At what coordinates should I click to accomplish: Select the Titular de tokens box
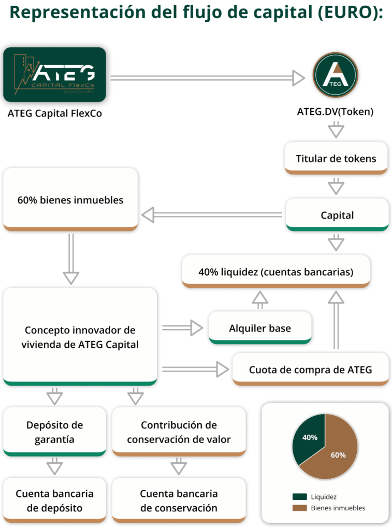336,158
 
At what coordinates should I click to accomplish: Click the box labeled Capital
337,214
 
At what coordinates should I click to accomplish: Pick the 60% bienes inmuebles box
70,199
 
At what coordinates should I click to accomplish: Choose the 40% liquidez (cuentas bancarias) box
275,271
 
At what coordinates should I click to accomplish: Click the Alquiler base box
260,328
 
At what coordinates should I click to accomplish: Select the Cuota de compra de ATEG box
310,370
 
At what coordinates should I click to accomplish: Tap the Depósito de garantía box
54,432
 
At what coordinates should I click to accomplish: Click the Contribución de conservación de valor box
179,432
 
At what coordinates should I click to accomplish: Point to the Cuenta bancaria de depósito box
54,500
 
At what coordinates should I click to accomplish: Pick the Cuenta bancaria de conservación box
179,500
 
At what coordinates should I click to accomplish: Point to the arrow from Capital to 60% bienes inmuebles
212,214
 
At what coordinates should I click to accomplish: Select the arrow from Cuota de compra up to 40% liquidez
337,320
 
